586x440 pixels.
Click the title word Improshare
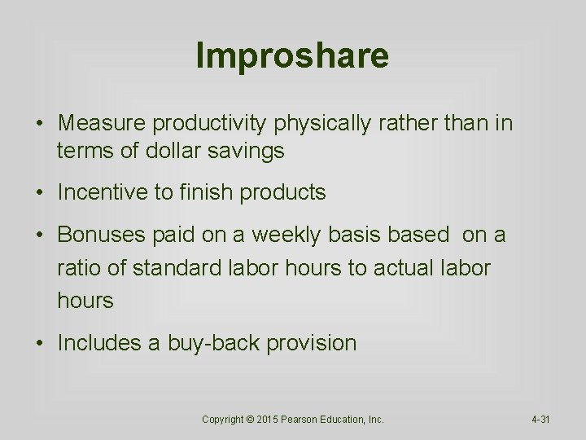292,55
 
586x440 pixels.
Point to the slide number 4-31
540,420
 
